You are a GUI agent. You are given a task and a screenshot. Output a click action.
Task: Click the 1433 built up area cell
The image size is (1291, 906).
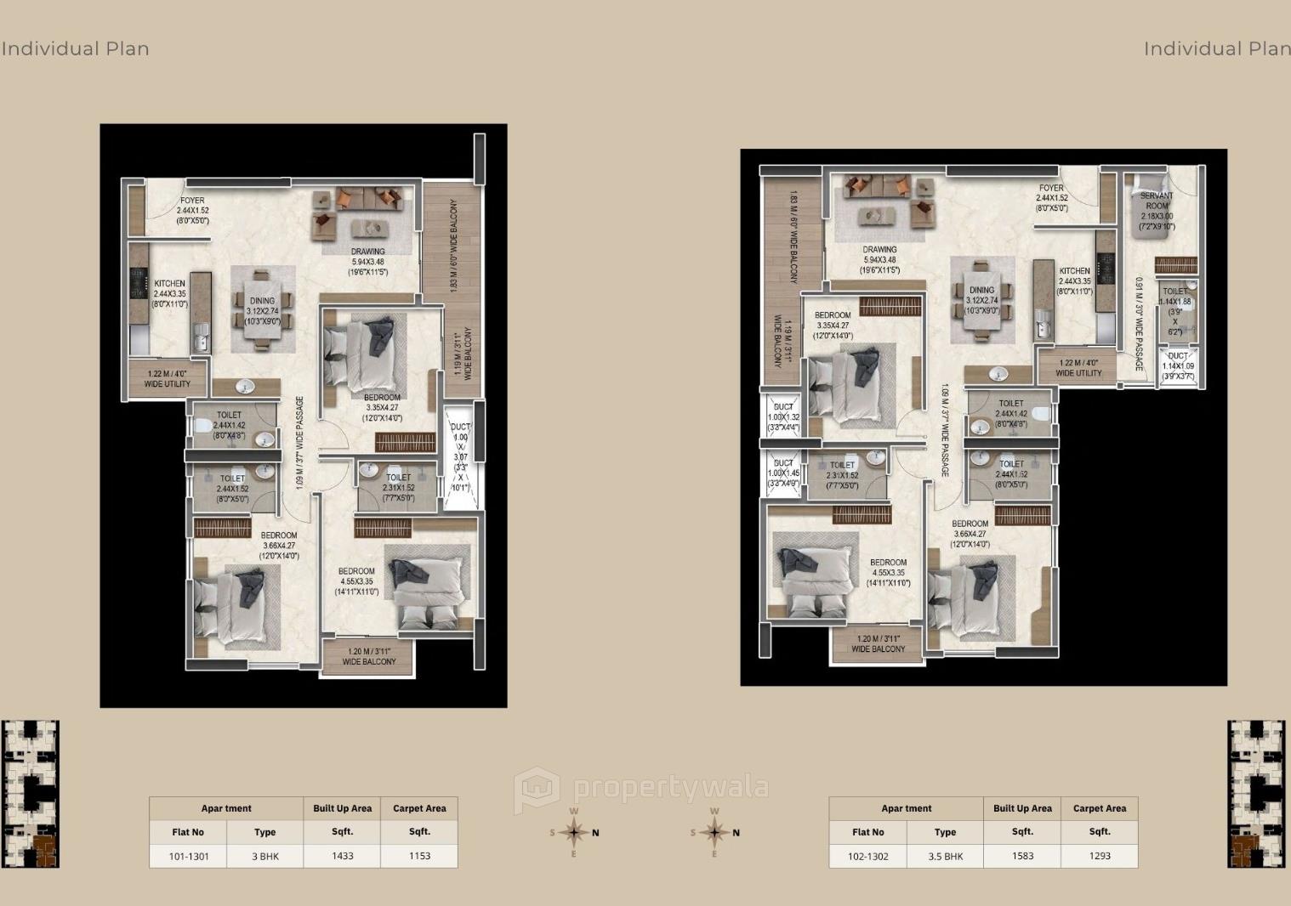[x=342, y=856]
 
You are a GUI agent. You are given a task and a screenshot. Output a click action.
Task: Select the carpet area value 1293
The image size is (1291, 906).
[x=1100, y=856]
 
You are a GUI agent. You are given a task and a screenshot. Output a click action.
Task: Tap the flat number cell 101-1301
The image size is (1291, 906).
[x=188, y=856]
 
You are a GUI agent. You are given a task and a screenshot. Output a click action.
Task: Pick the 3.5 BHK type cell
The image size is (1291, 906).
[x=946, y=856]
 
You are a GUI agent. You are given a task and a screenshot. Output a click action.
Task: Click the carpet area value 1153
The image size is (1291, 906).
[x=419, y=856]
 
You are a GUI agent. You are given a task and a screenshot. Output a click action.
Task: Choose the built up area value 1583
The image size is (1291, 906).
[x=1022, y=856]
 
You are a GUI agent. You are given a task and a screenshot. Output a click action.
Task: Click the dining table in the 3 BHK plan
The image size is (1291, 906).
[x=262, y=309]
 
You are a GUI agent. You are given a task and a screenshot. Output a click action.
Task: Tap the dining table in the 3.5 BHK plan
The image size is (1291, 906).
[x=981, y=300]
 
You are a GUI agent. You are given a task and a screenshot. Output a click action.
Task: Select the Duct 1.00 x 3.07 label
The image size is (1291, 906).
[x=460, y=457]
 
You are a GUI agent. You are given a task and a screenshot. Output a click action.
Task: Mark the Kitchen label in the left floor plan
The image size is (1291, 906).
[x=169, y=293]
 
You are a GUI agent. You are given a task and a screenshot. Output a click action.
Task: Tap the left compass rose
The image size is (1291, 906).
[x=574, y=832]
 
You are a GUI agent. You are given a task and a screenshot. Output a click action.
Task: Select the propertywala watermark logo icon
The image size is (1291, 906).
[x=537, y=789]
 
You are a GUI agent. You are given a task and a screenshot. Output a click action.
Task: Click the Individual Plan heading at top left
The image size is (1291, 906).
[x=76, y=48]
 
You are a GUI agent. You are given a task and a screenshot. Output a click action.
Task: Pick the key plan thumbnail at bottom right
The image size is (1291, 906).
[x=1255, y=794]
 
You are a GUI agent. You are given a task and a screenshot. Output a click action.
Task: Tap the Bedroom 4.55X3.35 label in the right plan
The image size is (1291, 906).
[x=888, y=572]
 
